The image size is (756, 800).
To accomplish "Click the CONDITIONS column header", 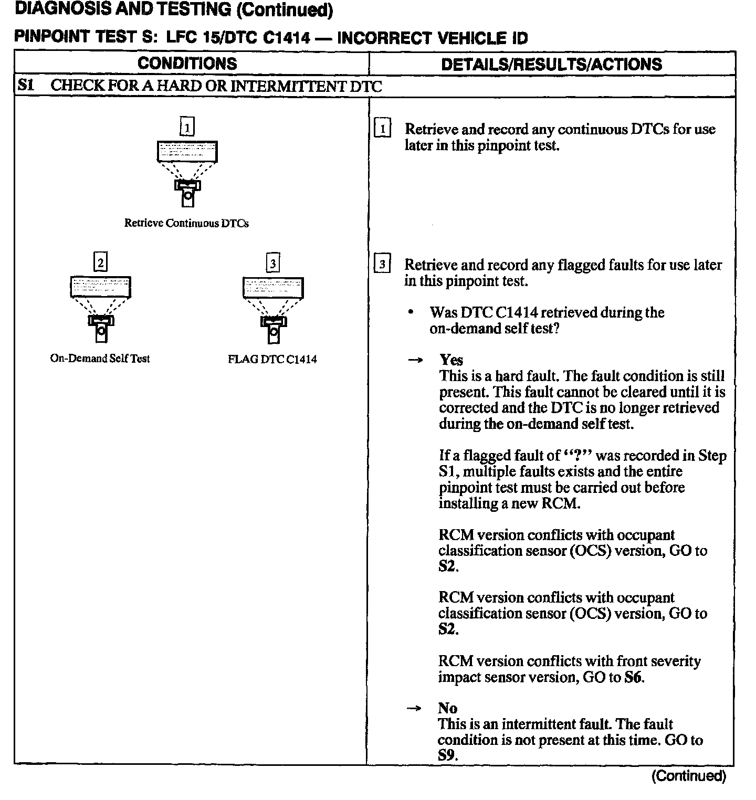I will (x=187, y=64).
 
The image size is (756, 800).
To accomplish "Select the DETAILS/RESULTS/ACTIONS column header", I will (x=551, y=64).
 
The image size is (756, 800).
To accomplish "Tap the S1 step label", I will (x=26, y=85).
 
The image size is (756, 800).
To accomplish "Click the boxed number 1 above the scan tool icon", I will (x=187, y=127).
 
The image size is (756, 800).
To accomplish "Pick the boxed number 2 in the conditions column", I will (x=100, y=261).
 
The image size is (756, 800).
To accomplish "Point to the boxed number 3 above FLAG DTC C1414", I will (x=273, y=262).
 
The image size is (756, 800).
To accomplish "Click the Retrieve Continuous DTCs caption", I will (x=186, y=223).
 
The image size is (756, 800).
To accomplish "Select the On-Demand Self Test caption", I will (x=100, y=359).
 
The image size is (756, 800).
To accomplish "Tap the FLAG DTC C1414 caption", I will (x=272, y=360).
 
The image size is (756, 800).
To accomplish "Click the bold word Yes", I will (x=451, y=360).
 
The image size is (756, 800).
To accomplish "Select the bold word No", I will (x=447, y=708).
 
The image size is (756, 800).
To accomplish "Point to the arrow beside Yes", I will (x=415, y=361).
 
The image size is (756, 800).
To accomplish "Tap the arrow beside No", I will (x=414, y=709).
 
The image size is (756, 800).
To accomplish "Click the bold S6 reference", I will (x=633, y=677).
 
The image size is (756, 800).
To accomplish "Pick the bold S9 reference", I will (x=447, y=756).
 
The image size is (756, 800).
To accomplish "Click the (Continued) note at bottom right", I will (x=688, y=776).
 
